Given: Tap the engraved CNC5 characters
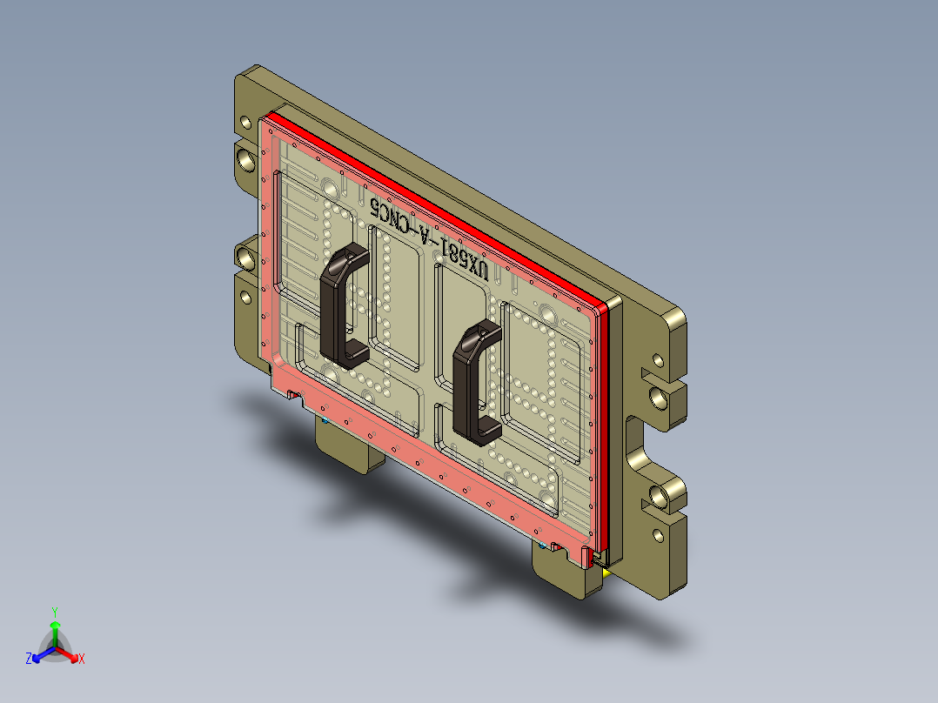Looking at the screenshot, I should click(393, 216).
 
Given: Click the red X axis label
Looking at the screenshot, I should click(81, 659).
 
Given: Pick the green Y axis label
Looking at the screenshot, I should click(54, 611).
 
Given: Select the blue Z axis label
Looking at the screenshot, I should click(29, 659).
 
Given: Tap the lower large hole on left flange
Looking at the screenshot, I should click(245, 257).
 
